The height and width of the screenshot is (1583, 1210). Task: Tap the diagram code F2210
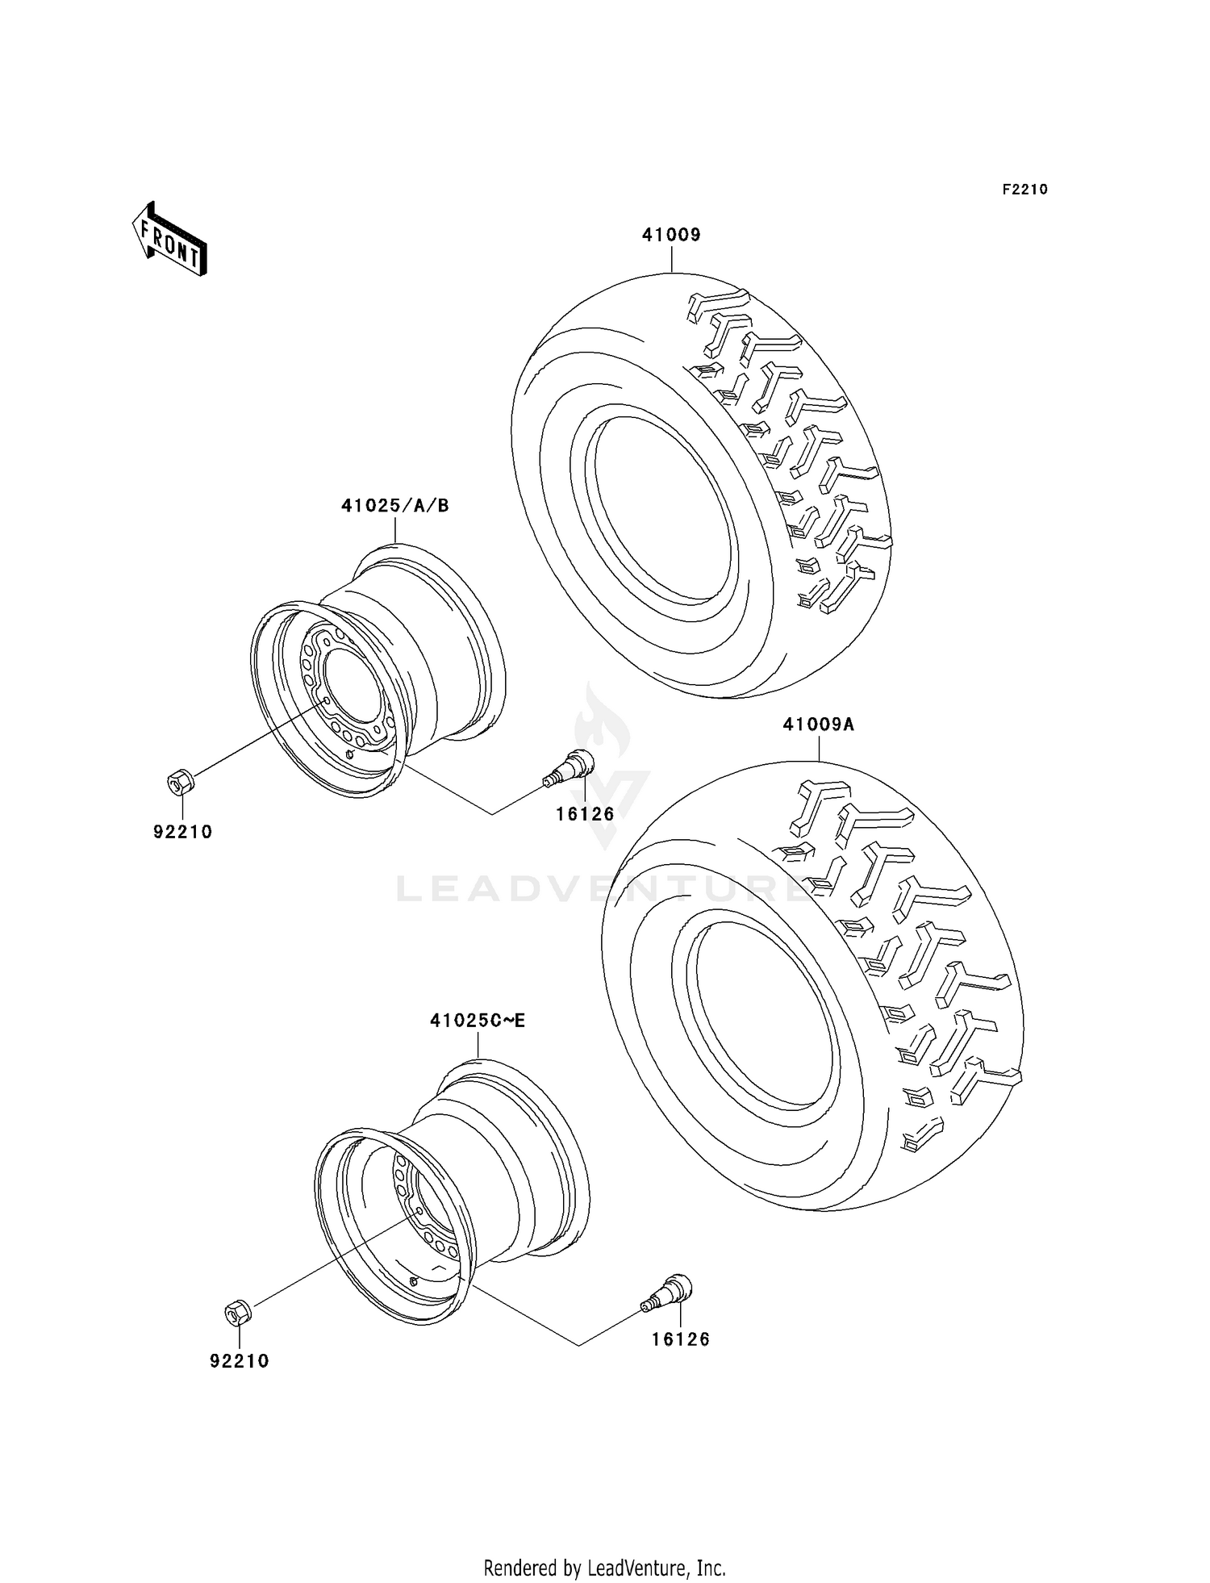(1024, 190)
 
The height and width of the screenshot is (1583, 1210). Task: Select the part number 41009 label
(671, 235)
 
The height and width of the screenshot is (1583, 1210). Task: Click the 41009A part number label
(818, 725)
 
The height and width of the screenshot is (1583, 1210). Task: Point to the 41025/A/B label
(395, 506)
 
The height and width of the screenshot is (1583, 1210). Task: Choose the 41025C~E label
(478, 1021)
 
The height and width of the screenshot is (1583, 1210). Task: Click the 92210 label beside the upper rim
(183, 832)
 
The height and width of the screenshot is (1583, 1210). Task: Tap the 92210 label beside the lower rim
(240, 1361)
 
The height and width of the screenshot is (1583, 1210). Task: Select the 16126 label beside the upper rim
(585, 814)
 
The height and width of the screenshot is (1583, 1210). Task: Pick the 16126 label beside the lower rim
(681, 1339)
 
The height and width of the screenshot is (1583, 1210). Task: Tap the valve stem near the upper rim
(569, 766)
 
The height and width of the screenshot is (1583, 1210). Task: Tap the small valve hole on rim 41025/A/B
(348, 754)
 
